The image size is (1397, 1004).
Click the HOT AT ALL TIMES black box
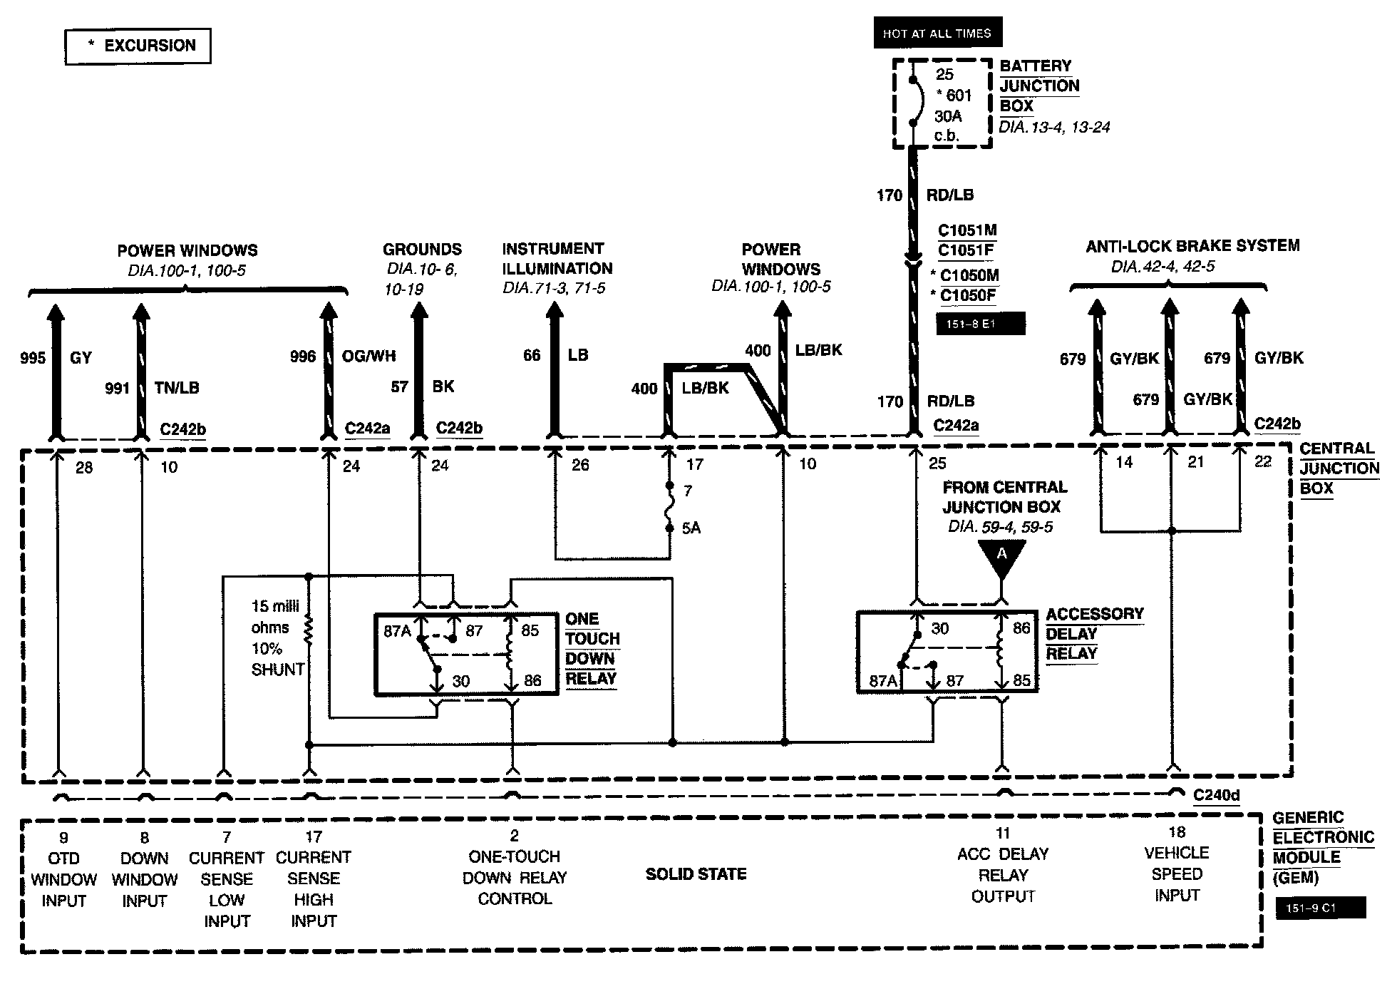click(937, 33)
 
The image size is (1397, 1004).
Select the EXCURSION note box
click(138, 46)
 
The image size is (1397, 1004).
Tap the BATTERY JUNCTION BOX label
click(1039, 86)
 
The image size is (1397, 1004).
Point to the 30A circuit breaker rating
click(948, 116)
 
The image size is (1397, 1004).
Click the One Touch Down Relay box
click(467, 653)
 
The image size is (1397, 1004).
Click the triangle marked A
click(1001, 556)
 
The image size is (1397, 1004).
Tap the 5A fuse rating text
click(691, 528)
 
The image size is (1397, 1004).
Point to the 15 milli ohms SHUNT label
click(277, 637)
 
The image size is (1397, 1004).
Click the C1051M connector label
click(967, 230)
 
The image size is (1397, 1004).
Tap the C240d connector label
click(1216, 794)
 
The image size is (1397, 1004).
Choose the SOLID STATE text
click(696, 874)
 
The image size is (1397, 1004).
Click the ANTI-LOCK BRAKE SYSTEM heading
click(1192, 246)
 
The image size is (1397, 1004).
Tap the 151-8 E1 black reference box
click(980, 324)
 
